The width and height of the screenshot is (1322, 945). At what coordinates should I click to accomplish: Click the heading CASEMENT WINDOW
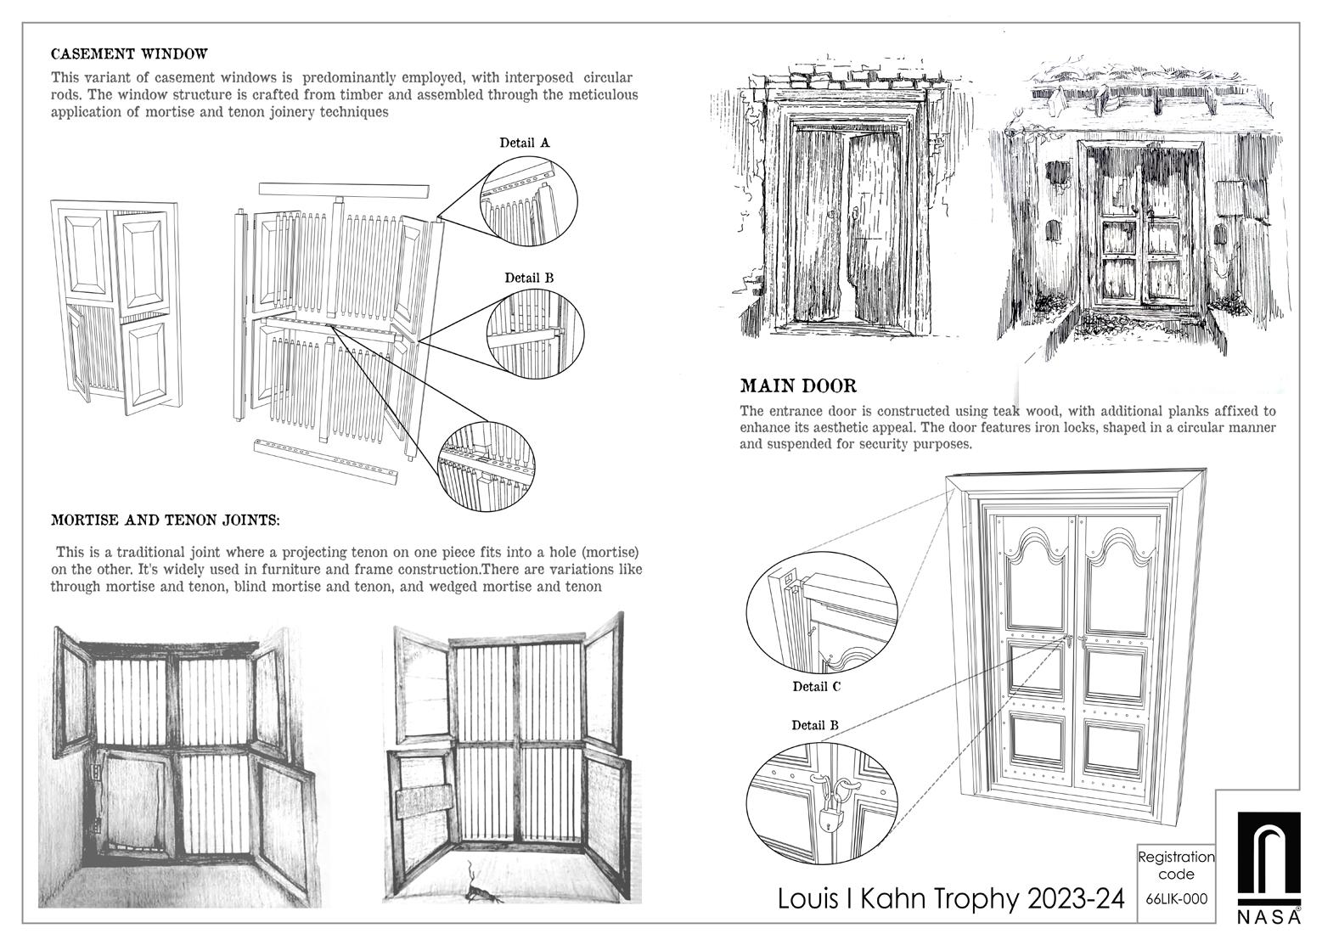(x=129, y=54)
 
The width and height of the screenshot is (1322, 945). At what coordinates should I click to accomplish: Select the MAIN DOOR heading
(x=798, y=386)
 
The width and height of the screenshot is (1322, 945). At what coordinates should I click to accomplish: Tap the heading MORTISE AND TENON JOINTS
(x=165, y=520)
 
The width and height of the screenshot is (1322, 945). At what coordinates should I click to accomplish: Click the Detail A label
(x=524, y=143)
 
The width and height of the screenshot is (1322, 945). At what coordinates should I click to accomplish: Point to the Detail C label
(x=817, y=686)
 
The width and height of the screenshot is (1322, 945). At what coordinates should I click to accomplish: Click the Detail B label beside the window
(x=529, y=278)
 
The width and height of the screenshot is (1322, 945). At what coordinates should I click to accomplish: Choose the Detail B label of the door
(x=815, y=725)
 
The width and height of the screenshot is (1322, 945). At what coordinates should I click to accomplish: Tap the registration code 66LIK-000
(x=1176, y=898)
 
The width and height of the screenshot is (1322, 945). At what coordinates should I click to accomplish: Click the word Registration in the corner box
(x=1176, y=858)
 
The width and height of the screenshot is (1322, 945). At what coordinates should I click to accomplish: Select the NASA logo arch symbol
(x=1268, y=859)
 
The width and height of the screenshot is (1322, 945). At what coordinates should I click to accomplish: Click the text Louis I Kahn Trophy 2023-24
(x=951, y=898)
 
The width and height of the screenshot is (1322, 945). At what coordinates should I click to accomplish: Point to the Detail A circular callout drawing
(x=528, y=199)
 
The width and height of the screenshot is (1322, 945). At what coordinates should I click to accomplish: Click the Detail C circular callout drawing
(x=822, y=613)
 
